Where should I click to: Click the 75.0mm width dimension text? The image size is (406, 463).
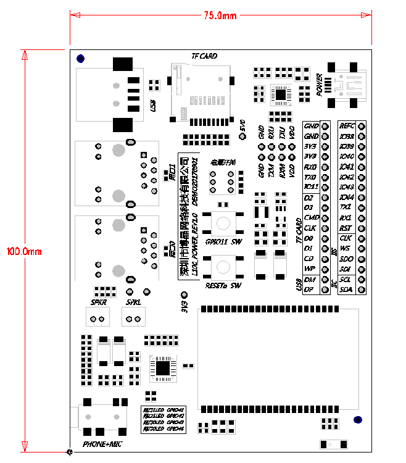click(220, 16)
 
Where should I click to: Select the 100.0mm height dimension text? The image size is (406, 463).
click(23, 252)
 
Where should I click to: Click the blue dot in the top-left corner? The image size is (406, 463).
click(80, 59)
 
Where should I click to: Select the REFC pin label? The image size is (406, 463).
click(347, 126)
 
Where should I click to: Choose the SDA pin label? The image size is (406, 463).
click(346, 289)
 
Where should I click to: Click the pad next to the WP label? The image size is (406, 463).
click(325, 269)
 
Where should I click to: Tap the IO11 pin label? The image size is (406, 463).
click(311, 186)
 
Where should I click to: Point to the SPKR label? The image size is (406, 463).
click(98, 302)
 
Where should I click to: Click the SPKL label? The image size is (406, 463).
click(133, 302)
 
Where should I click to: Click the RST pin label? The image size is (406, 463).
click(346, 228)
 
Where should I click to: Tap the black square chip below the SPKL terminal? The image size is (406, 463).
click(162, 368)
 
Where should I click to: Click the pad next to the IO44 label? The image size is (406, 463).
click(361, 197)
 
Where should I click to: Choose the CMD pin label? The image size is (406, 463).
click(312, 217)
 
